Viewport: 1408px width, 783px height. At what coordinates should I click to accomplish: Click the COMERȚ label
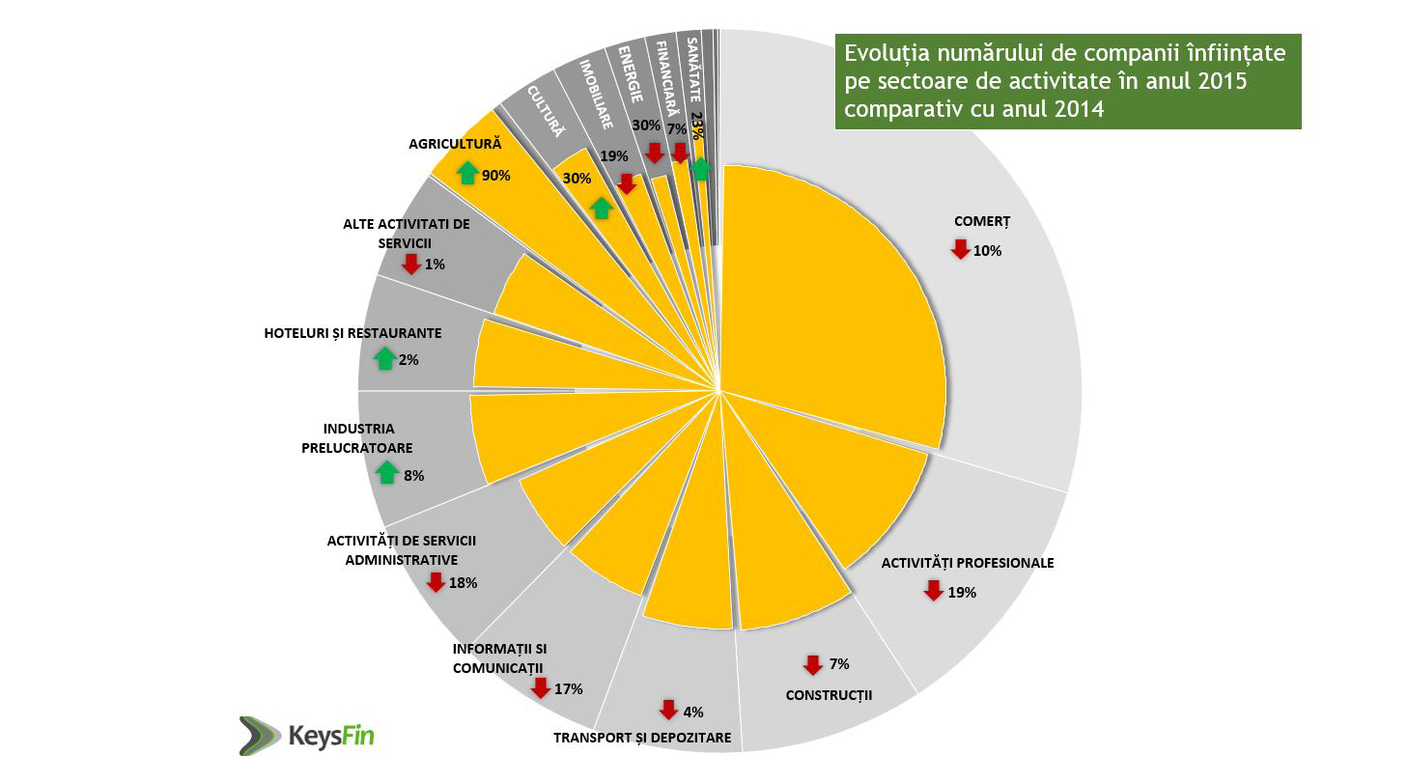[981, 221]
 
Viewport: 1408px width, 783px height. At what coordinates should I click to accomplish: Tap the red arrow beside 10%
[960, 249]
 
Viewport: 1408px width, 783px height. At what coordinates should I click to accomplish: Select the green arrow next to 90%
[467, 174]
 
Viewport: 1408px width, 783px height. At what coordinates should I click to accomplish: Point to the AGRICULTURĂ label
[455, 143]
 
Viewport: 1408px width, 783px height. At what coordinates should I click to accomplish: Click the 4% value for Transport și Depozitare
[692, 713]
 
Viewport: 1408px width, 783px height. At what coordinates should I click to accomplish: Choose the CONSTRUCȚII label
[829, 694]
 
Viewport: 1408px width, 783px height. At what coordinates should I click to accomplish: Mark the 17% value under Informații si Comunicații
[569, 689]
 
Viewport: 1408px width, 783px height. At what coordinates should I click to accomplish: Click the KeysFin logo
[306, 736]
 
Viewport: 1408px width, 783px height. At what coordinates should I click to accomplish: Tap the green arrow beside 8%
[387, 473]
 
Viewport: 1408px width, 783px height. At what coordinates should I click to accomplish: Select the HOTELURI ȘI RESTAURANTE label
[352, 333]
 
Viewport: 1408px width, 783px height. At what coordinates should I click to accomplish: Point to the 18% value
[464, 583]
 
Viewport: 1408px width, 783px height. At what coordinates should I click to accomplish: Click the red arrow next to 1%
[411, 264]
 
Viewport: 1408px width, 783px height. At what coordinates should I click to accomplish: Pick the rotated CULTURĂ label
[545, 112]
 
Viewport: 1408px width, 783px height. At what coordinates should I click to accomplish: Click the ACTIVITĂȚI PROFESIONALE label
[968, 563]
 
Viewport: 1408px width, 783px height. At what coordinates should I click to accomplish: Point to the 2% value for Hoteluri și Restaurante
[408, 360]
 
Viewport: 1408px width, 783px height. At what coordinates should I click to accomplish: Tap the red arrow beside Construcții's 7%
[812, 665]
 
